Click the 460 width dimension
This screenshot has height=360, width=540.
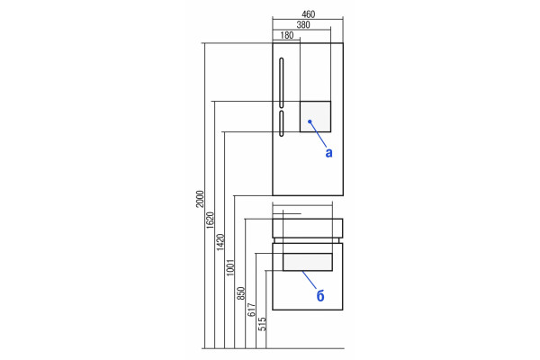[308, 14]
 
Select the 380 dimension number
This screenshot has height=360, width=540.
[303, 25]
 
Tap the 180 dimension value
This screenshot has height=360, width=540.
[287, 35]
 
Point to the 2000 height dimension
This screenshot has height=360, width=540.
[200, 199]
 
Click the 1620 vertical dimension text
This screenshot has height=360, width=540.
[210, 220]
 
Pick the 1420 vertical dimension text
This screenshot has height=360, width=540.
[220, 242]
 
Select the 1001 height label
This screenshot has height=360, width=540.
[230, 267]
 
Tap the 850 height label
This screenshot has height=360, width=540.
[240, 293]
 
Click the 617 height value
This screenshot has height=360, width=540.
[251, 310]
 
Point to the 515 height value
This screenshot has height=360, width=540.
[262, 324]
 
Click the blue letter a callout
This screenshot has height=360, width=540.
[328, 153]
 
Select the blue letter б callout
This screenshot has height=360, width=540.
[320, 295]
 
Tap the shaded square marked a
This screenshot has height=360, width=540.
[315, 116]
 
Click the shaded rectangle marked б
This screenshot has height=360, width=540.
[308, 262]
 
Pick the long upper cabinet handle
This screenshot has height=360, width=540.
[282, 83]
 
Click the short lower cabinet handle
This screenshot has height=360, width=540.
[282, 123]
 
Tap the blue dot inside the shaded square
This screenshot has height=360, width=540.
[310, 121]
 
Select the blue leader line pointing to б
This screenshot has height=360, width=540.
[310, 280]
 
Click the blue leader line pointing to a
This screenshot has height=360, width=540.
[318, 134]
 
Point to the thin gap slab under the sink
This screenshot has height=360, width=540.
[307, 240]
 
